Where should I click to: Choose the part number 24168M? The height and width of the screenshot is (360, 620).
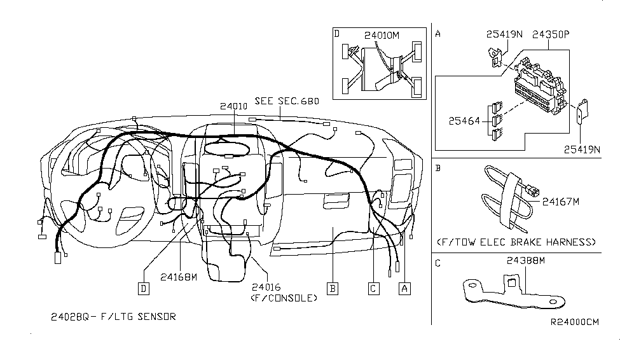(x=179, y=277)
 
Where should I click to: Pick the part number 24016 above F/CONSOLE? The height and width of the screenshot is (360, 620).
(x=266, y=287)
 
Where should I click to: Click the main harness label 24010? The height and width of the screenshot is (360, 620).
(x=235, y=108)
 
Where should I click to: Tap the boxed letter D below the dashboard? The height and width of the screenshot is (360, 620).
(x=144, y=287)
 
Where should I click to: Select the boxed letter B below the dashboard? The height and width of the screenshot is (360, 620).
(x=332, y=287)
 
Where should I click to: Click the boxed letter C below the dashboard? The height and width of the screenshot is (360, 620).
(x=373, y=287)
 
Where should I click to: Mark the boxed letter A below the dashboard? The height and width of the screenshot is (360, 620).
(x=403, y=287)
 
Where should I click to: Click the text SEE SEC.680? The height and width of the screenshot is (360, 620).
(x=287, y=101)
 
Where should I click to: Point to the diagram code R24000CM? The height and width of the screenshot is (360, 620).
(x=575, y=322)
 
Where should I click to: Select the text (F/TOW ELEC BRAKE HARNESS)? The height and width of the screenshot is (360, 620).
(x=517, y=242)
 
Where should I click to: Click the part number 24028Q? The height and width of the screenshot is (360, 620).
(x=72, y=315)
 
